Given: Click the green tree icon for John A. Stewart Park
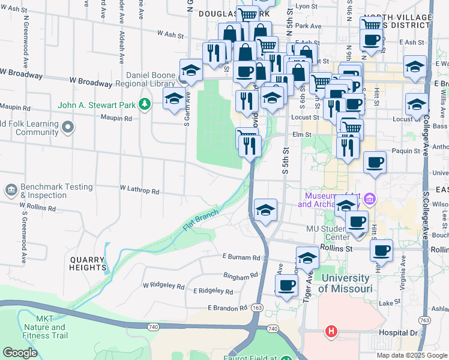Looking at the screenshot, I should (145, 105).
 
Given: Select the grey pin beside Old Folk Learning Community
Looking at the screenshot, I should (68, 127).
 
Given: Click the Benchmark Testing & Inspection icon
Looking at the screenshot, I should (11, 191).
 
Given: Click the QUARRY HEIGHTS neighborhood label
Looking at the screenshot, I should (88, 263).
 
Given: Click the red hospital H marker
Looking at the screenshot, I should (330, 331).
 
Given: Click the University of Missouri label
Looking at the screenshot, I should (345, 283).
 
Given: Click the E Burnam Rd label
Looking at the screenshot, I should (242, 257).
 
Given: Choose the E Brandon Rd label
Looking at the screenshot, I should (228, 308).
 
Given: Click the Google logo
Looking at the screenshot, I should (20, 352).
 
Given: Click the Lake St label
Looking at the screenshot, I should (390, 302).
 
